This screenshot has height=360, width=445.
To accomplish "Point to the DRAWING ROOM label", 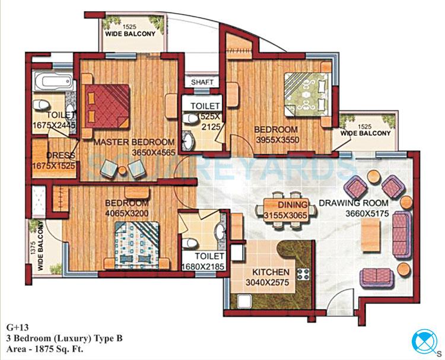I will point(349,203).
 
